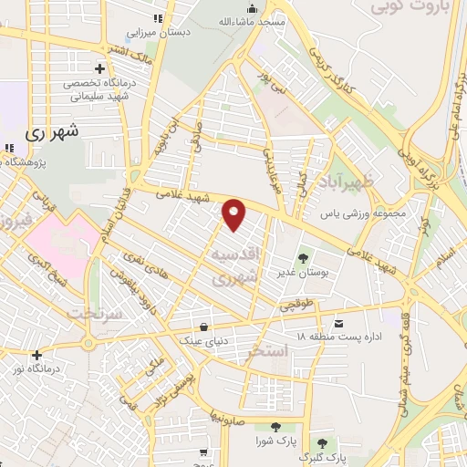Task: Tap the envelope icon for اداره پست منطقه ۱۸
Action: tap(339, 324)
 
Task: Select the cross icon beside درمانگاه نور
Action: tap(36, 356)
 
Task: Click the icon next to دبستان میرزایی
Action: tap(158, 17)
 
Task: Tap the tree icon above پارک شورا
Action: tap(275, 427)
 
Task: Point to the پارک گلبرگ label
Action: tap(324, 458)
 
